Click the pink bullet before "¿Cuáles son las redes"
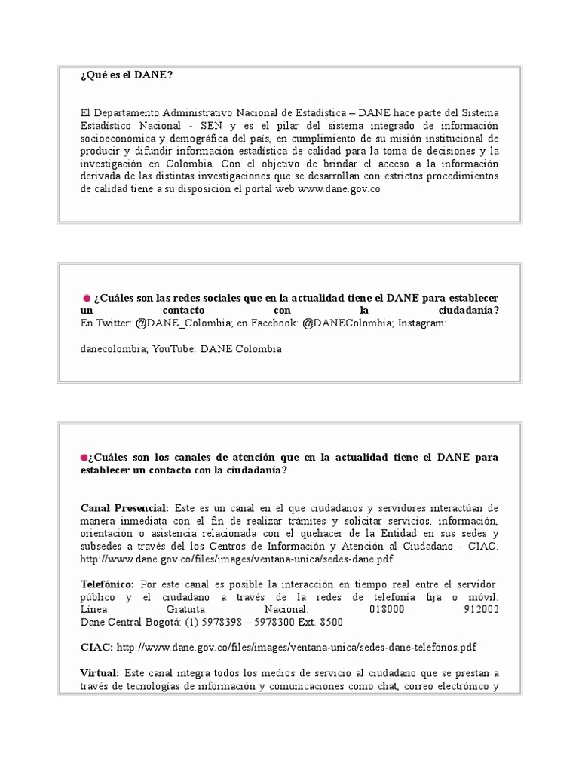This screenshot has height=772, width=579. [87, 298]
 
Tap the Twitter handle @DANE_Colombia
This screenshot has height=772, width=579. [184, 323]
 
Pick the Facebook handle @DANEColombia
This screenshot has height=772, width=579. [346, 323]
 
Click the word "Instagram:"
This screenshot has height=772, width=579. [422, 323]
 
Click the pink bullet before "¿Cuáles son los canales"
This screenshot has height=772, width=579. [84, 458]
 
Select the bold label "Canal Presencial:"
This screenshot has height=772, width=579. [125, 508]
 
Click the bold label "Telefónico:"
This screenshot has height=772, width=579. [108, 584]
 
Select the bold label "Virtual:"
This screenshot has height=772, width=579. [100, 672]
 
